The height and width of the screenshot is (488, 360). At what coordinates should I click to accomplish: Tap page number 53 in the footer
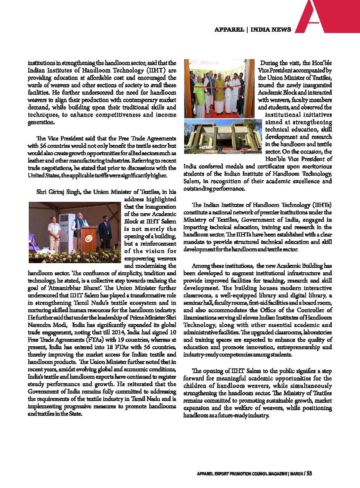309,474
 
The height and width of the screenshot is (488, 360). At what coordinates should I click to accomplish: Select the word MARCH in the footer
296,474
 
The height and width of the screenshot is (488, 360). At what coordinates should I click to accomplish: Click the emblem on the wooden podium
88,239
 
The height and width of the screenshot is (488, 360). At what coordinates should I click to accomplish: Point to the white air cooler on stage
64,234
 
